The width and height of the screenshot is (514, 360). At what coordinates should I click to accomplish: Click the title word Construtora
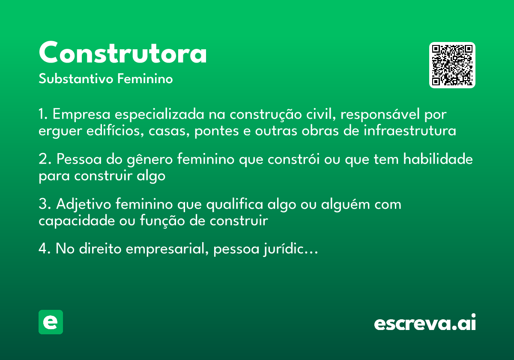coord(123,53)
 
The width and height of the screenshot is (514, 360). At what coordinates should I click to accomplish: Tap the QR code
coord(452,65)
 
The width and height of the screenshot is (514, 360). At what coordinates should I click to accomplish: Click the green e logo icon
coord(51,322)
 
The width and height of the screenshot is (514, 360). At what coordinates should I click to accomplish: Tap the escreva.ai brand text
coord(425,323)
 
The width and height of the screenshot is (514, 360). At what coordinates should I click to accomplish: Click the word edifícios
coord(117,130)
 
